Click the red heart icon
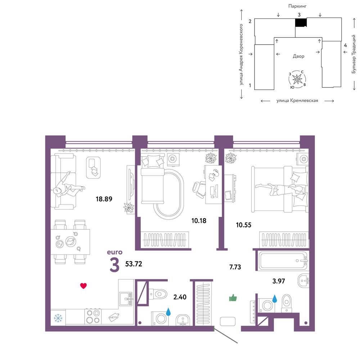[84, 286]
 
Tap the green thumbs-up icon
[233, 298]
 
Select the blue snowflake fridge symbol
[58, 318]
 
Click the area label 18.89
[104, 199]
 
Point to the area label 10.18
[199, 221]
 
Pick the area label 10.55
[244, 225]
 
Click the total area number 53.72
[134, 264]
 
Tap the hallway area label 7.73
[235, 267]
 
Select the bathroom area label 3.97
[279, 281]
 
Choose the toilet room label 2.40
[180, 297]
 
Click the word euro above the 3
[114, 252]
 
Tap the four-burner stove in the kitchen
[93, 316]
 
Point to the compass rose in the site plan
[297, 80]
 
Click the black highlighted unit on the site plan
[301, 22]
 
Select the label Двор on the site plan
[298, 56]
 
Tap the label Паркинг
[297, 6]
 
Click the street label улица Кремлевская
[297, 100]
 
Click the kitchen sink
[126, 299]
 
